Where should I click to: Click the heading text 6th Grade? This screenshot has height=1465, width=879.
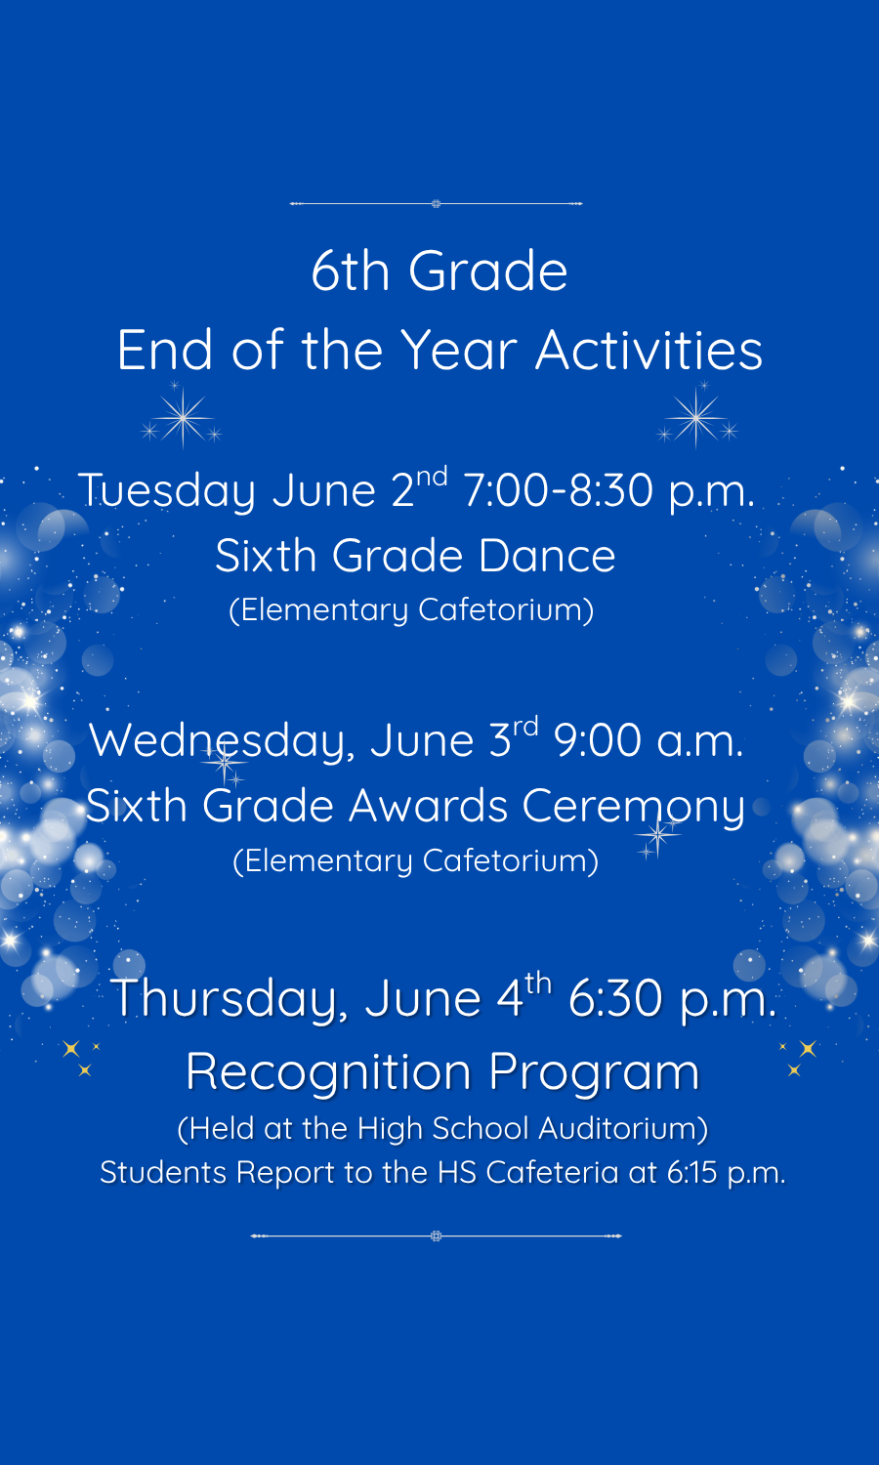439,271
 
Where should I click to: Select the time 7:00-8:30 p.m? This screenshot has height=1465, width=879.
608,491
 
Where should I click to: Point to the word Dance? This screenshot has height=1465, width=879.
547,556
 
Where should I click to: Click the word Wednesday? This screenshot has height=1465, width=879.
222,741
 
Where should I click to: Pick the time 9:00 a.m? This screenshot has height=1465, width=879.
649,740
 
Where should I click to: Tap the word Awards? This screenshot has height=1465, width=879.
429,805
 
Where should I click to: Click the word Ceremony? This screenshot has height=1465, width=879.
633,807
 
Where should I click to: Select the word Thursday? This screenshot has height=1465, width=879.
229,999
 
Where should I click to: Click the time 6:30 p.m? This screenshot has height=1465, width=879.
672,999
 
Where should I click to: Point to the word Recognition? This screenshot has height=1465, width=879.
329,1073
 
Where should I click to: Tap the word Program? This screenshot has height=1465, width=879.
595,1073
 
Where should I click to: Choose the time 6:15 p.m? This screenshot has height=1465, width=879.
726,1173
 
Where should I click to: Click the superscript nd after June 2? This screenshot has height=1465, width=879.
433,477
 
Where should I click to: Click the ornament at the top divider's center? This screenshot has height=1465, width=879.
437,204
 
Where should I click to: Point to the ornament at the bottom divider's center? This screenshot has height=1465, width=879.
437,1236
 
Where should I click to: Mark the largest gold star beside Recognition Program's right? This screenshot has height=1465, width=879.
809,1048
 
